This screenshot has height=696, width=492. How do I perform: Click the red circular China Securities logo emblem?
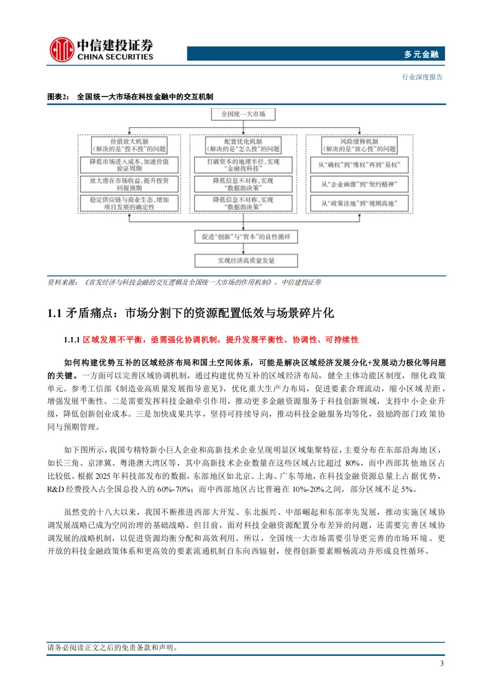point(61,50)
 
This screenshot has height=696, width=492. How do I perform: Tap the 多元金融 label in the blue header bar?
point(420,54)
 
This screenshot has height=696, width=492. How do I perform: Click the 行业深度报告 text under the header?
point(422,77)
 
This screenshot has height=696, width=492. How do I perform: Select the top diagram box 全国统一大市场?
point(243,114)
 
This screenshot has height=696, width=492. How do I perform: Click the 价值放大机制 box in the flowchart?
point(129,145)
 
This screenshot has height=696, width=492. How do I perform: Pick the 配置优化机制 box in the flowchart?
point(243,145)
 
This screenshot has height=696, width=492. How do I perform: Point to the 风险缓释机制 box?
point(359,145)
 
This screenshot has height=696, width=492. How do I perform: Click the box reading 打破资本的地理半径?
point(243,165)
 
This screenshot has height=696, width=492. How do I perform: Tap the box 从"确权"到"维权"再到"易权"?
point(359,165)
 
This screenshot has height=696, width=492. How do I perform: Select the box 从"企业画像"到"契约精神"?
point(359,184)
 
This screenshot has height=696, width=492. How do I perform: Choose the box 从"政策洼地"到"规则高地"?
point(359,203)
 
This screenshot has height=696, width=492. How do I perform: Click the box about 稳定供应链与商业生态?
point(129,203)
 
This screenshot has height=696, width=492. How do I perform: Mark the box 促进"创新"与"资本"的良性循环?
point(246,237)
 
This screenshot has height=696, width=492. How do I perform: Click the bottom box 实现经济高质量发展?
point(246,261)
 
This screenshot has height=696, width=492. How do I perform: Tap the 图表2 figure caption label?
point(58,97)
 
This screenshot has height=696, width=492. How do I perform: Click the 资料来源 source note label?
point(62,282)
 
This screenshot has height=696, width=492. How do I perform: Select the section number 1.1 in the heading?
point(54,313)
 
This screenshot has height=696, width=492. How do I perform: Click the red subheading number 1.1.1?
point(72,340)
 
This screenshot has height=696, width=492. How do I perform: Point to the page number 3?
point(441,663)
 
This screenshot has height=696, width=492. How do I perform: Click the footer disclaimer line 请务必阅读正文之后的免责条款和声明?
point(113,647)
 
